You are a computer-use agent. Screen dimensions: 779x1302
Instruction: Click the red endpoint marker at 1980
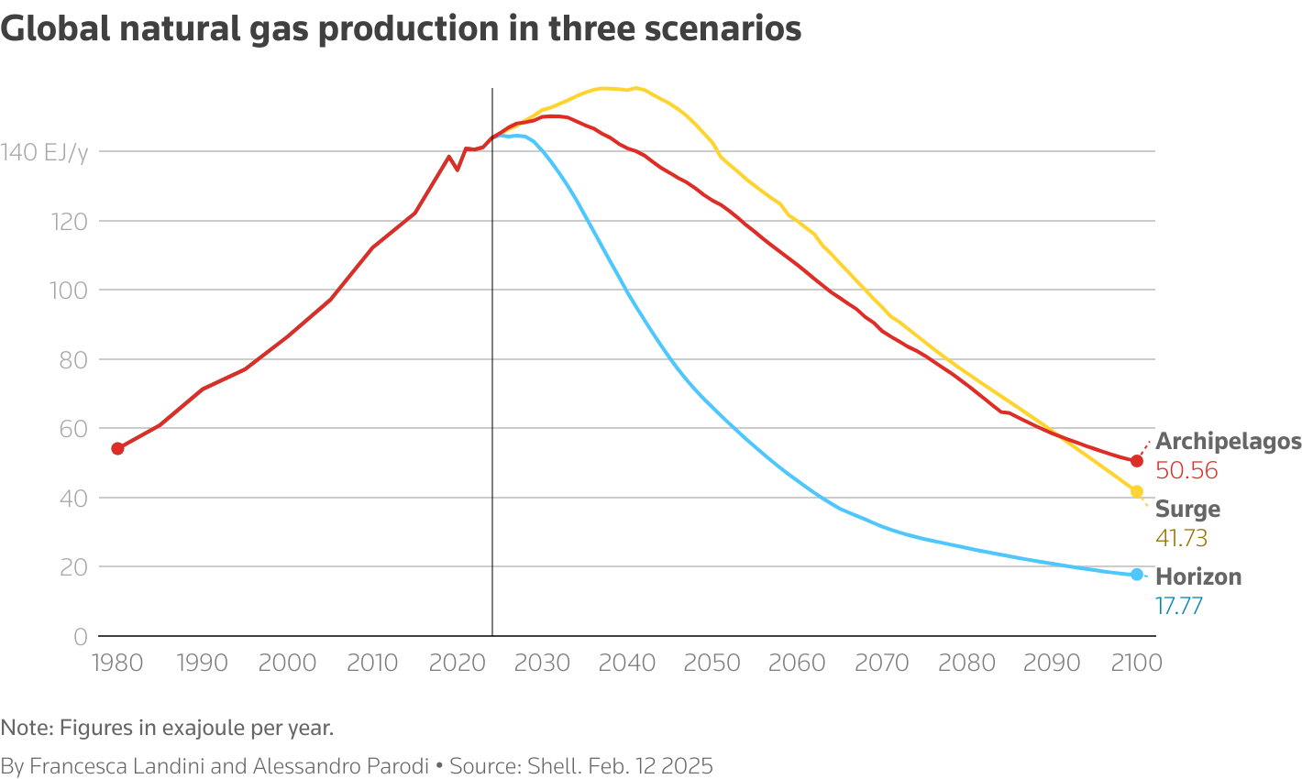coord(117,448)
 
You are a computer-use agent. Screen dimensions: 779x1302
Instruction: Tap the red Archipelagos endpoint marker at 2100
coord(1137,461)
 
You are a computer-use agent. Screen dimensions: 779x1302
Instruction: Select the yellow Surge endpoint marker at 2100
coord(1137,492)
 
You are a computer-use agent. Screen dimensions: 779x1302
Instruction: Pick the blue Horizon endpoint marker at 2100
coord(1137,575)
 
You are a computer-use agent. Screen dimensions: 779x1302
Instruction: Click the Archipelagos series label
coord(1228,442)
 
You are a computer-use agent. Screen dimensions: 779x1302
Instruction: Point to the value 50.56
coord(1186,471)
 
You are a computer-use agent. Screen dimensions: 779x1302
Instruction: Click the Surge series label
coord(1187,510)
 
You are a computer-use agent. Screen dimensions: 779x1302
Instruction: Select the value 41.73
coord(1181,539)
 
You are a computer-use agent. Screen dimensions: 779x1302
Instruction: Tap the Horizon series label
coord(1198,577)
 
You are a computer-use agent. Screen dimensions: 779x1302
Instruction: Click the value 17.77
coord(1179,607)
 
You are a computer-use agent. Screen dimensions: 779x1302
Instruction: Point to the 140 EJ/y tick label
coord(44,152)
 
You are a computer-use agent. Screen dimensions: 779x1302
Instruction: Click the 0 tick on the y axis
coord(80,637)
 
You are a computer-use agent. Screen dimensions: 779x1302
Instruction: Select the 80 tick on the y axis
coord(73,360)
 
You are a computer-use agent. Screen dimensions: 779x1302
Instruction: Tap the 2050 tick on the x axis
coord(712,663)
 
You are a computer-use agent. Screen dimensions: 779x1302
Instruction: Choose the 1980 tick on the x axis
coord(117,663)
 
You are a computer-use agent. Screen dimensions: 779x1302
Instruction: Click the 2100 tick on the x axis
coord(1137,663)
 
